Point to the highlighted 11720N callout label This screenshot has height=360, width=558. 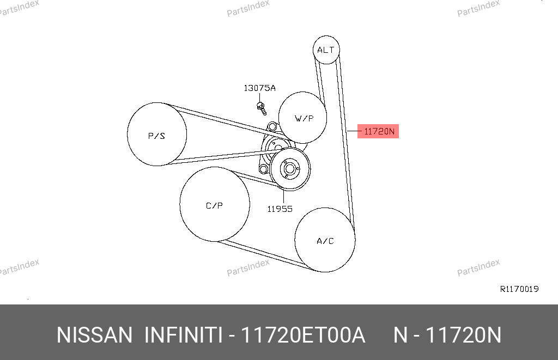point(378,131)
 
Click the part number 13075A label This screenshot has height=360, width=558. point(259,88)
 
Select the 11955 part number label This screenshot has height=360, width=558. point(280,209)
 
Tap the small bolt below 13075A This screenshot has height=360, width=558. point(262,108)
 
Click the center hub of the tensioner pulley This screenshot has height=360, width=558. point(289,169)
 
